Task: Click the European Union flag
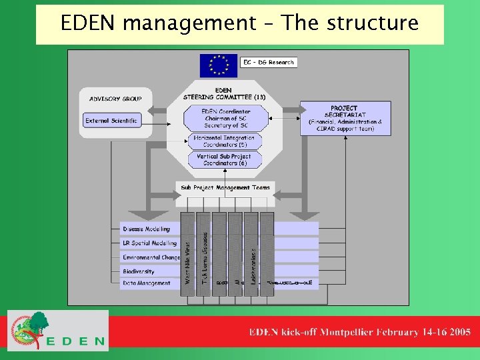click(218, 65)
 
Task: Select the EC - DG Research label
click(268, 63)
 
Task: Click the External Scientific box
click(112, 121)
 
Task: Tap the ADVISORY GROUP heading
click(115, 99)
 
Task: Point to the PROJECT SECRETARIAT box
click(344, 117)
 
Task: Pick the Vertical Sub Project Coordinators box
click(224, 160)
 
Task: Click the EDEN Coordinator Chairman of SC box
click(225, 119)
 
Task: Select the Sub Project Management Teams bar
click(225, 188)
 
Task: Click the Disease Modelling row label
click(147, 229)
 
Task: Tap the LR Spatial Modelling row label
click(149, 243)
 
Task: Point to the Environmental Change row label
click(151, 257)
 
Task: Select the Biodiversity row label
click(139, 271)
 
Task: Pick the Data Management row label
click(147, 283)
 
